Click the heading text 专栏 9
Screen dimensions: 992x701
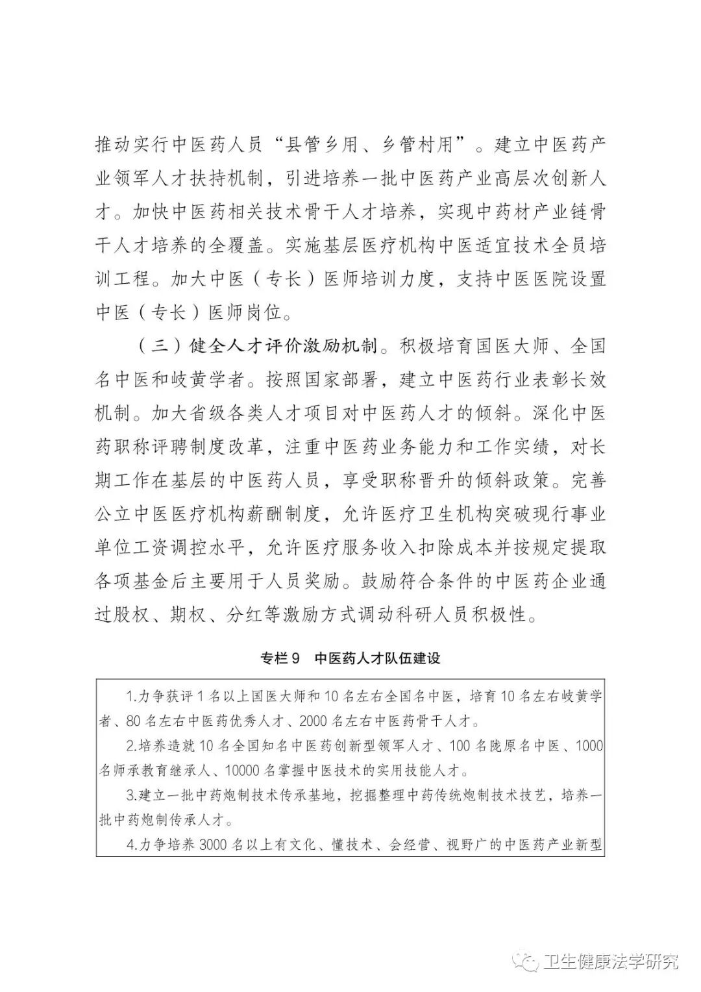(x=279, y=658)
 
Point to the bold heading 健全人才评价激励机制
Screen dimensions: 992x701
(x=283, y=345)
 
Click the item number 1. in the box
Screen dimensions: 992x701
(x=130, y=697)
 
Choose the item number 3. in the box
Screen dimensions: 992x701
(x=130, y=795)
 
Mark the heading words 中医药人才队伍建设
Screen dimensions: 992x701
(x=377, y=658)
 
